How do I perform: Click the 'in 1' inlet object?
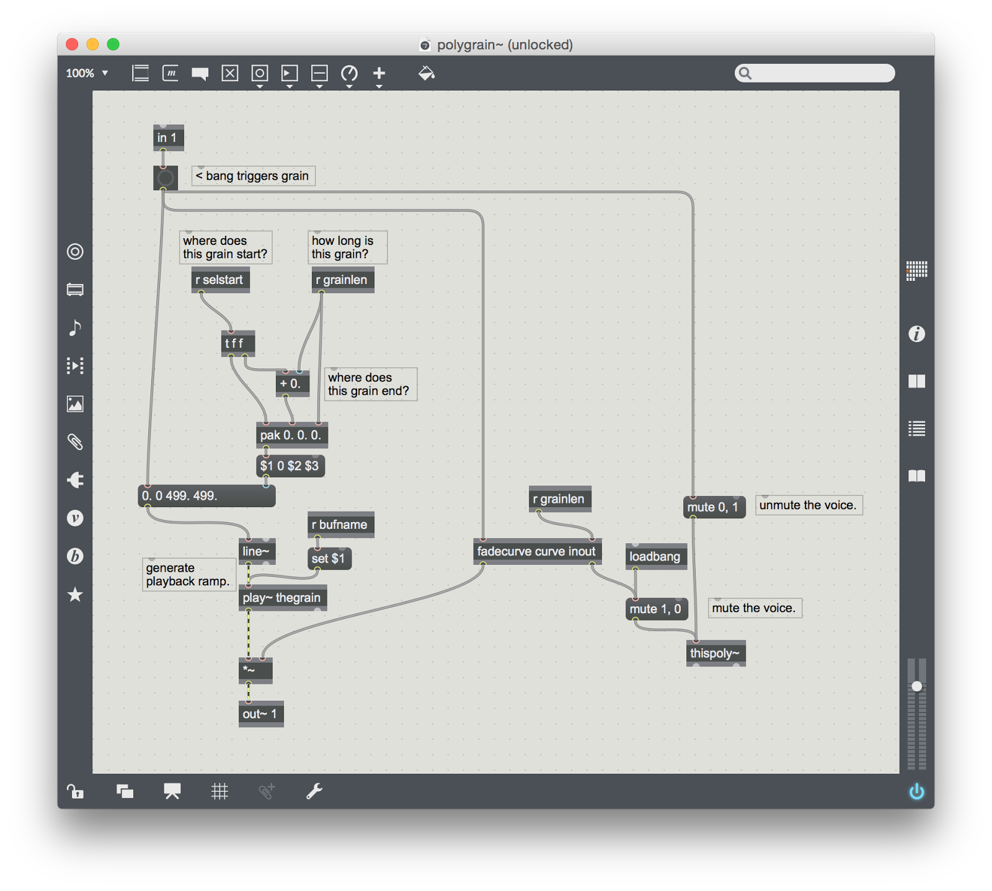(168, 138)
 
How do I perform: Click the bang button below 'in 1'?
(166, 178)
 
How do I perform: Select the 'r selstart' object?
(220, 280)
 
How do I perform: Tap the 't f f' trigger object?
(238, 344)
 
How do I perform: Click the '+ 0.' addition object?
(293, 383)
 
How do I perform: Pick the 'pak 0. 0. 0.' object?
(292, 435)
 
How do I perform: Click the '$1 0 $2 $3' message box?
(291, 466)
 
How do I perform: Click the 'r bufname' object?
(341, 525)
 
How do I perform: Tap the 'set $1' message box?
(330, 559)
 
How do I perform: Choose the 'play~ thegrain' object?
(283, 598)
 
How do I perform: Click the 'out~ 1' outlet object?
(261, 714)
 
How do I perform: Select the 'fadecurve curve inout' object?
(538, 551)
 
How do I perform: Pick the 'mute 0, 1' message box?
(714, 507)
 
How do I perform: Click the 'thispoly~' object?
(716, 653)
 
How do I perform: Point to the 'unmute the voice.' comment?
(809, 505)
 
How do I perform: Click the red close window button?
(72, 44)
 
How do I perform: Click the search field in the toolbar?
(815, 73)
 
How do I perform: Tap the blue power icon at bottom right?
(916, 792)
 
